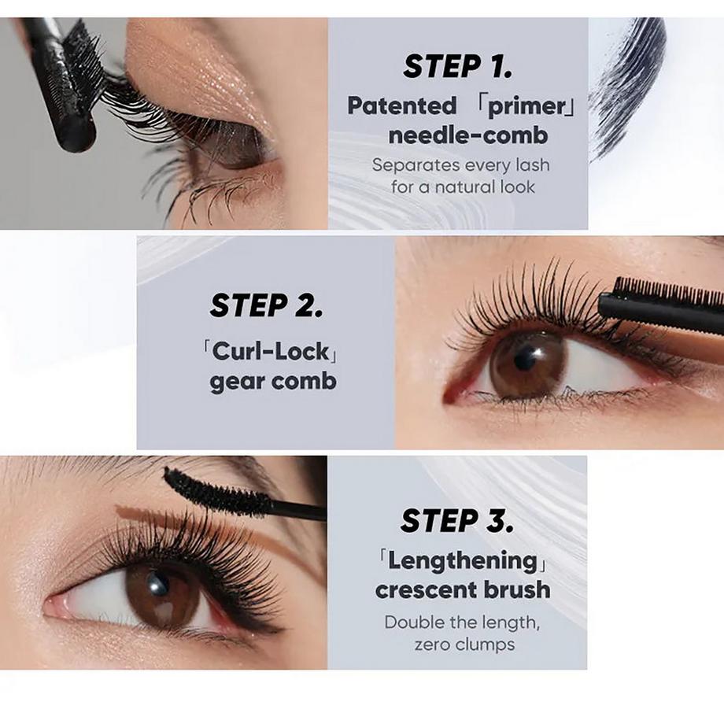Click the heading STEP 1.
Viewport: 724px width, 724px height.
[457, 67]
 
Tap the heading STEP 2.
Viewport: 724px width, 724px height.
[266, 305]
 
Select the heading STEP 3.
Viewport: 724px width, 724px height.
[457, 520]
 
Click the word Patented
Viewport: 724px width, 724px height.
[401, 105]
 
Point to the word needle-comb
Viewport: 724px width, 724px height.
[456, 135]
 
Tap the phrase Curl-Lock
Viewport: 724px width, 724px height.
[267, 350]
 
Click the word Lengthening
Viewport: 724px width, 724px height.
[463, 560]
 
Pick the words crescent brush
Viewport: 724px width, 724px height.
[463, 589]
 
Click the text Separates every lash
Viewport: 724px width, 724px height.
[460, 165]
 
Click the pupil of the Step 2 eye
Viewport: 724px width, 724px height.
[525, 360]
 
